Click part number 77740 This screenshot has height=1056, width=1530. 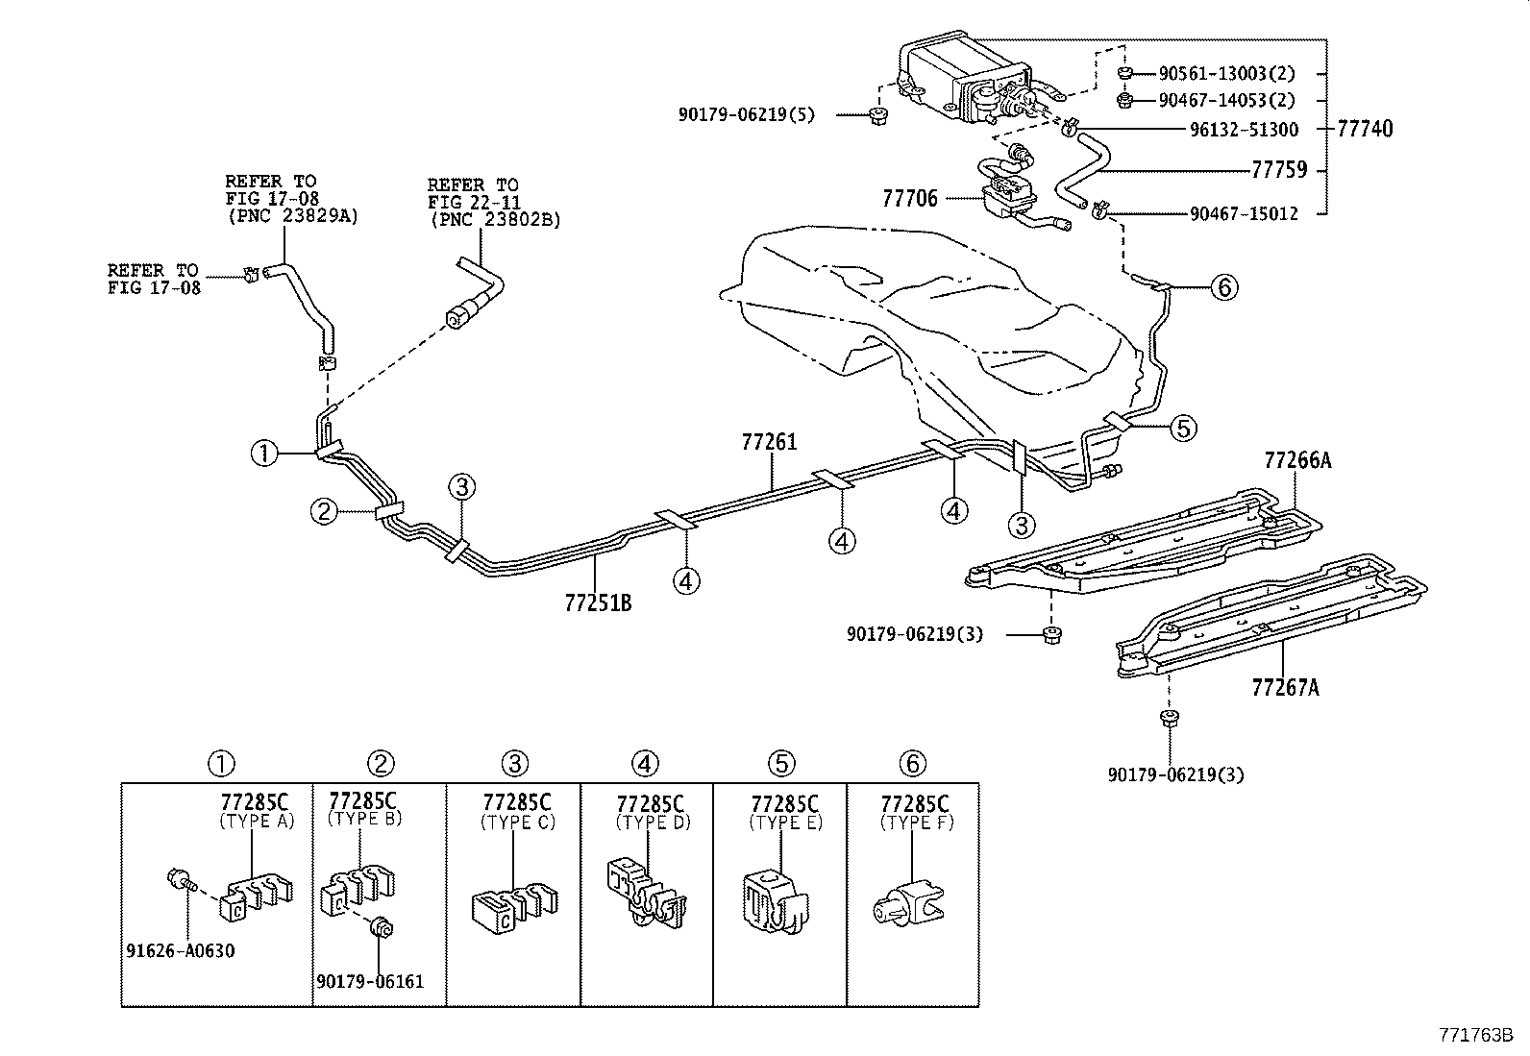coord(1364,130)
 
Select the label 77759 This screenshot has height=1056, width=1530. coord(1279,170)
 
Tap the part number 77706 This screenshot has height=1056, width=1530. coord(910,199)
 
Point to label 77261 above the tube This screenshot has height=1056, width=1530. coord(769,443)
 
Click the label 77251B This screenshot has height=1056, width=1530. coord(598,602)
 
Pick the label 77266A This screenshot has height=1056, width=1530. coord(1297,460)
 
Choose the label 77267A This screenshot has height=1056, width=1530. coord(1285,687)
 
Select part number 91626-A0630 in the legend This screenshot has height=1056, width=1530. coord(181,951)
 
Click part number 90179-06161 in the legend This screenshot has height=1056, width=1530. coord(370,981)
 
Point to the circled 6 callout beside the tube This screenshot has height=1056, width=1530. coord(1223,286)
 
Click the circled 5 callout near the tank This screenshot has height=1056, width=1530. coord(1183,428)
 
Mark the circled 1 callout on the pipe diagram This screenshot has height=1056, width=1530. coord(263,453)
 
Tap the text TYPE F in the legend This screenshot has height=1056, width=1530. coord(917,823)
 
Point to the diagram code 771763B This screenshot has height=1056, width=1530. coord(1475,1035)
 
